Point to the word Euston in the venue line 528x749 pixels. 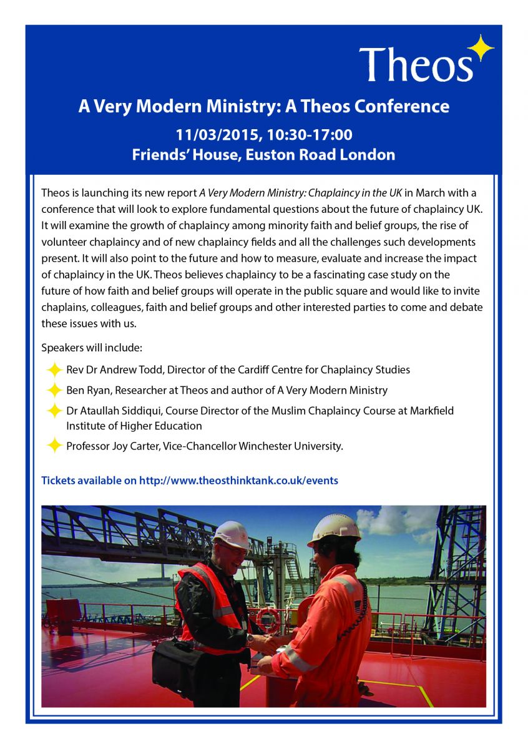[272, 155]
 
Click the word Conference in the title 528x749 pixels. [402, 106]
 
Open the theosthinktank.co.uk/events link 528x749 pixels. [238, 481]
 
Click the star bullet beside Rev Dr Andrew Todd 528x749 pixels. [54, 370]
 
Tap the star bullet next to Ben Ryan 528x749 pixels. [54, 390]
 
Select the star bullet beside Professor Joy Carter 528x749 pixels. [54, 446]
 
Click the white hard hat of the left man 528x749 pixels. [232, 534]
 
